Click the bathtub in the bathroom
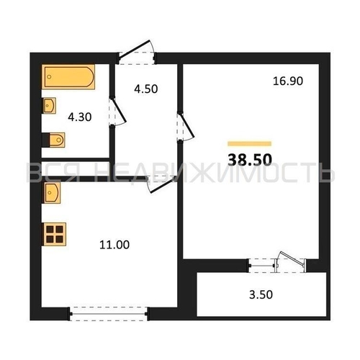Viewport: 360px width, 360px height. (68, 77)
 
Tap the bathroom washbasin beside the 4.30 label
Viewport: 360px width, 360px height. (50, 106)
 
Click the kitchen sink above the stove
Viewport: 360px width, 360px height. (51, 193)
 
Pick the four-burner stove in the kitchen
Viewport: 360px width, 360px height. (54, 234)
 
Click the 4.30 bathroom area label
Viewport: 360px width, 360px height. (80, 117)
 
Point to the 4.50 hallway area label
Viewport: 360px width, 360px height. (146, 89)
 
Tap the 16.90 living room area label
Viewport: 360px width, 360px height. (288, 81)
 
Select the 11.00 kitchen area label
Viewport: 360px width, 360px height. (114, 245)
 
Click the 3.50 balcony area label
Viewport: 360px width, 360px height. (261, 294)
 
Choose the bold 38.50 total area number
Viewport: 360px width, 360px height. (250, 160)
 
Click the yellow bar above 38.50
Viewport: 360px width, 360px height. (250, 144)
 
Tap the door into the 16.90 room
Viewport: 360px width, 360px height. (187, 125)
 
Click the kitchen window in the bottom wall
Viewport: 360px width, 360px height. (109, 314)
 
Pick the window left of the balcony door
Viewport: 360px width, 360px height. (261, 266)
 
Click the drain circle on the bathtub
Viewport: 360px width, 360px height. (49, 77)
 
